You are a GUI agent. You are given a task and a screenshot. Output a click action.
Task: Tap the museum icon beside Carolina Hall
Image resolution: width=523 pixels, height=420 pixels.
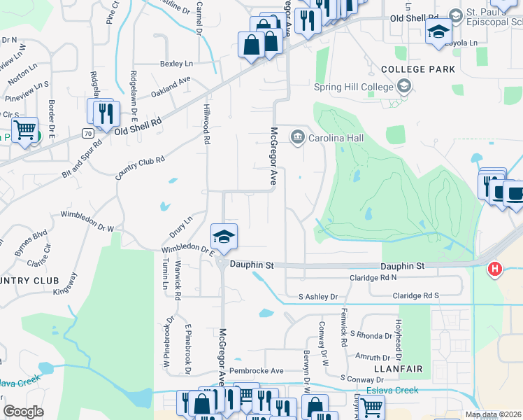point(298,136)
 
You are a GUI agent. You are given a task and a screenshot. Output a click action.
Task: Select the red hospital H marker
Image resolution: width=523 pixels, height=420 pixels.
point(495,268)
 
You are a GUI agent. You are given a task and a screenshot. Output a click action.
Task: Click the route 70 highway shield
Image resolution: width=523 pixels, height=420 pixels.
point(87,132)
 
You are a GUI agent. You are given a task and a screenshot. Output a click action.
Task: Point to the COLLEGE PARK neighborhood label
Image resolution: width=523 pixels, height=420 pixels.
point(418,69)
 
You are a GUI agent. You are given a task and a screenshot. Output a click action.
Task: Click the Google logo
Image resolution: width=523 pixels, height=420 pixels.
point(23,411)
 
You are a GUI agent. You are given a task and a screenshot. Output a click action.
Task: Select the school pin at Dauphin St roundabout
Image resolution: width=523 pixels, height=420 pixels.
point(224,237)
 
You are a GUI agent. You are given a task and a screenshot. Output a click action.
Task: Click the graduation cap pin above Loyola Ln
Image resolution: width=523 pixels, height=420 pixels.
point(438,32)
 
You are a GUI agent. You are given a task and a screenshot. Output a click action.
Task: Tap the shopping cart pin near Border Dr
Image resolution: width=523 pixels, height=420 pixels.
point(24,129)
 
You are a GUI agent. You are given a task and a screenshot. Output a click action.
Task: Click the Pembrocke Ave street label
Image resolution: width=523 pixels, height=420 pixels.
point(257,370)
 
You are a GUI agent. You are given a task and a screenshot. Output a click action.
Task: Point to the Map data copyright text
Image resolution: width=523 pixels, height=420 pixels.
point(493,414)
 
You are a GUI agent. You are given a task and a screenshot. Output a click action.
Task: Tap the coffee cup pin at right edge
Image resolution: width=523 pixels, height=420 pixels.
point(515,192)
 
